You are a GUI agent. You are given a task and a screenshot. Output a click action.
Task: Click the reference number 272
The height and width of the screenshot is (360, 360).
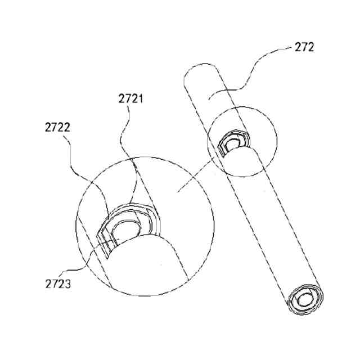click(x=304, y=47)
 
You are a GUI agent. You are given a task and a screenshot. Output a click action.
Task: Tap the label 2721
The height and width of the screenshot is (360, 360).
click(x=130, y=99)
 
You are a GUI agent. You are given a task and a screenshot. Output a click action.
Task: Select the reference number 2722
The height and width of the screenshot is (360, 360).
click(x=57, y=128)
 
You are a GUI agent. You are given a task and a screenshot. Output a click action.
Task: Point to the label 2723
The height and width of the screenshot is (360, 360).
click(x=57, y=283)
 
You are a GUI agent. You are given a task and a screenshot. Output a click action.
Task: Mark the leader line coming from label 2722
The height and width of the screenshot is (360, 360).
click(x=84, y=169)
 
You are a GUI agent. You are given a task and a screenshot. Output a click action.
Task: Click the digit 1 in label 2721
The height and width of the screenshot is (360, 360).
click(x=141, y=99)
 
